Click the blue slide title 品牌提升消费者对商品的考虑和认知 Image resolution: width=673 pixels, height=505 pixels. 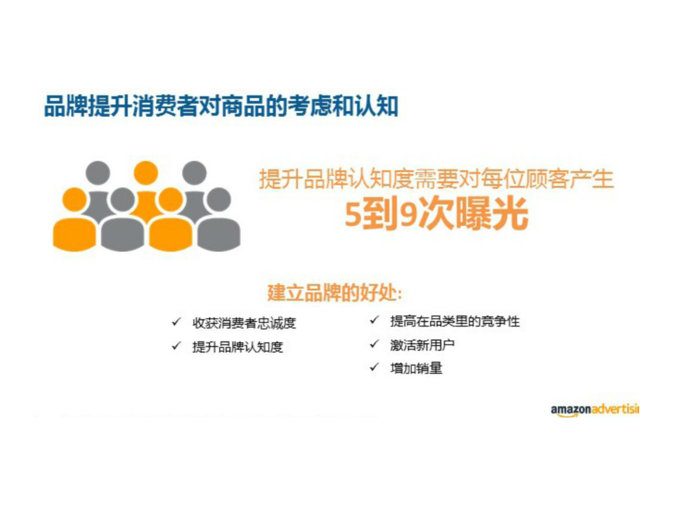tap(221, 106)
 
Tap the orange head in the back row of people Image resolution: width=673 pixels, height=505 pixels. tap(146, 173)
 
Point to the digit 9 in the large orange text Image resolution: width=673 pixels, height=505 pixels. tap(409, 215)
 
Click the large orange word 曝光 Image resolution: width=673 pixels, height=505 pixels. tap(493, 214)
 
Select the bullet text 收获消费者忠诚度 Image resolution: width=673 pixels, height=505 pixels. tap(244, 323)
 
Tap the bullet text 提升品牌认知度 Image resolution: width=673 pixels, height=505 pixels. tap(238, 347)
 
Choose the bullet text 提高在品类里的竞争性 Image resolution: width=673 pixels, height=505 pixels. tap(455, 321)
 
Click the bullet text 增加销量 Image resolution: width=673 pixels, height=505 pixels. tap(416, 368)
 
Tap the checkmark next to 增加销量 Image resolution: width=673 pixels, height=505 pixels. tap(374, 367)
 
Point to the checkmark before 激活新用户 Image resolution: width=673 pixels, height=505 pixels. tap(374, 344)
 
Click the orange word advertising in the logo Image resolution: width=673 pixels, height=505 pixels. tap(616, 409)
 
